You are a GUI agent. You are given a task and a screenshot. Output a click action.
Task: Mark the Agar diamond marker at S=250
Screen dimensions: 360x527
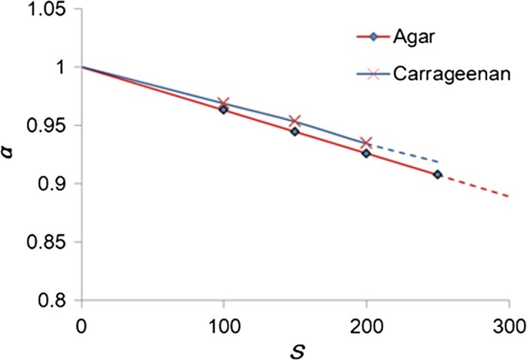click(x=437, y=175)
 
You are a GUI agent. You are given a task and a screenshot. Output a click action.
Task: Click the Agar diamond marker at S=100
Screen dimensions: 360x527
click(x=223, y=110)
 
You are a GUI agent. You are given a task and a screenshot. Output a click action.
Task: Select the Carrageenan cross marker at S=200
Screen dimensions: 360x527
click(x=366, y=143)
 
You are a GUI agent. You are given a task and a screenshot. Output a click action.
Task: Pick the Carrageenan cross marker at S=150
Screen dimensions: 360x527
click(x=295, y=122)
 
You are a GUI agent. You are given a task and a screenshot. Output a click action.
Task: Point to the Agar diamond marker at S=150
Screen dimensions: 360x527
click(x=295, y=132)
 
